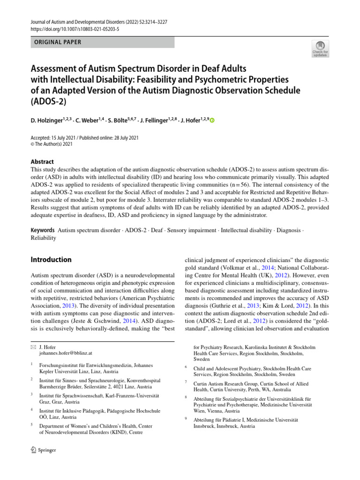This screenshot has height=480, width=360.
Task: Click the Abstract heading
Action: click(42, 161)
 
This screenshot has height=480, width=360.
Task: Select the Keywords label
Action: click(43, 230)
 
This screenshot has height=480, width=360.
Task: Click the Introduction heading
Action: click(51, 260)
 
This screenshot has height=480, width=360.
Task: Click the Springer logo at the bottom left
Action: click(43, 450)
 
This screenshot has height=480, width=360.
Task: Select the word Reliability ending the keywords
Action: click(43, 238)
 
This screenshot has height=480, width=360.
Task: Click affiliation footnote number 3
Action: click(32, 395)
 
